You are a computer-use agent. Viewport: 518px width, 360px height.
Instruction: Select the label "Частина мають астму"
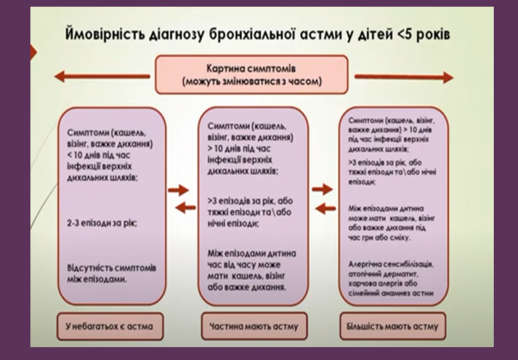[256, 327]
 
